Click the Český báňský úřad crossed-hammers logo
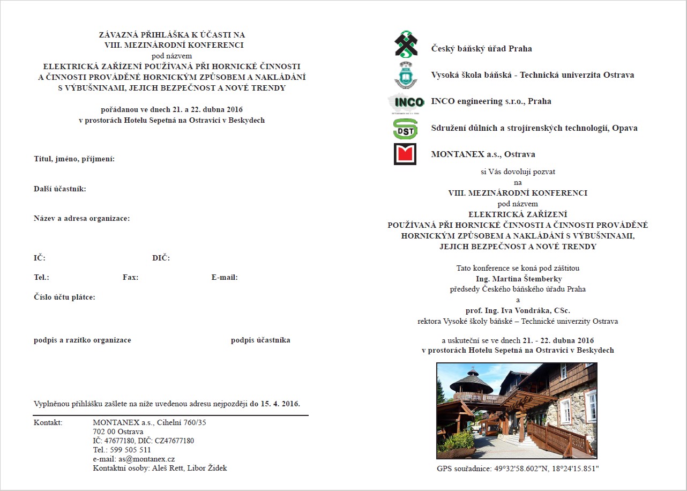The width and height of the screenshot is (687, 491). [406, 44]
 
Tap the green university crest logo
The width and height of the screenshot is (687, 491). [406, 75]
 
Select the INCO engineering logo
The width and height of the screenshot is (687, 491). [406, 102]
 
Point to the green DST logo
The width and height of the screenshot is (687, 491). [405, 129]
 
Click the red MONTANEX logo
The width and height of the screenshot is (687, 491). [405, 154]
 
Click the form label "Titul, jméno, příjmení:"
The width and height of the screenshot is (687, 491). [74, 159]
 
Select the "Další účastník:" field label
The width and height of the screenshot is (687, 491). [60, 189]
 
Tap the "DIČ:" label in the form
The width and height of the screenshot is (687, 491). [161, 258]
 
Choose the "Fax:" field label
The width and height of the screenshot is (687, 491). [130, 278]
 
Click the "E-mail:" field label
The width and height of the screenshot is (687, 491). [225, 278]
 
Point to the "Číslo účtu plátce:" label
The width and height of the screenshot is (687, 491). [64, 297]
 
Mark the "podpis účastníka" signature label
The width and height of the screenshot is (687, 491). [260, 340]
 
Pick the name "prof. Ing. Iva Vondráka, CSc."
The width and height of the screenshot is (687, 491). [518, 310]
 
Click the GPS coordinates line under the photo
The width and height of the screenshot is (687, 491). [518, 469]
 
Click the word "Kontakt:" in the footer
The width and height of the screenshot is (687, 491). [48, 423]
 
